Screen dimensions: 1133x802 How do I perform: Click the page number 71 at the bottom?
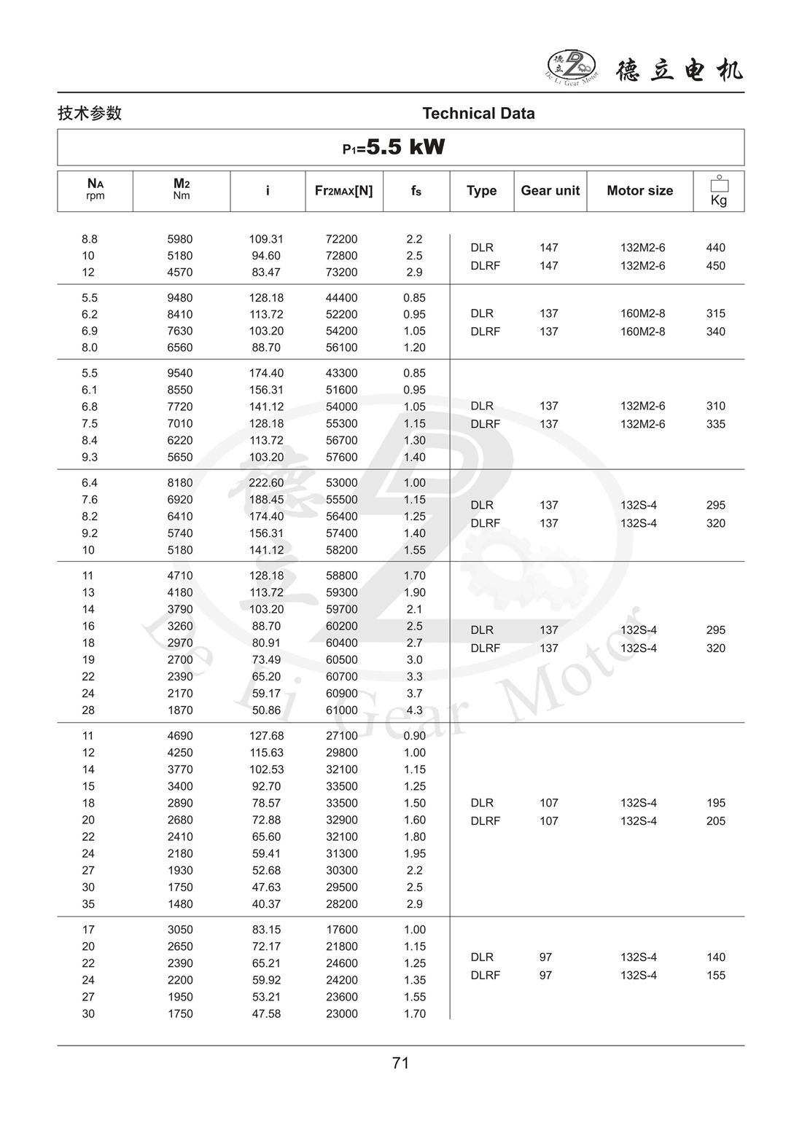coord(400,1063)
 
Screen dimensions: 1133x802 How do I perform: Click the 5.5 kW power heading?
coord(394,148)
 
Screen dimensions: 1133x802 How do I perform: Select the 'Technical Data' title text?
coord(478,114)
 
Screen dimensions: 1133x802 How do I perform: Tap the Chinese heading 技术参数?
coord(90,114)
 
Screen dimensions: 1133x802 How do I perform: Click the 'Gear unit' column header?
coord(550,191)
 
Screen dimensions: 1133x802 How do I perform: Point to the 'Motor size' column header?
coord(639,191)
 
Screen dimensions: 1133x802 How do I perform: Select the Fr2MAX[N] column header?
coord(343,191)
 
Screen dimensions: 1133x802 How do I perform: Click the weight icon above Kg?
coord(719,184)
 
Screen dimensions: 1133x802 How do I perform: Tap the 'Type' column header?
coord(481,191)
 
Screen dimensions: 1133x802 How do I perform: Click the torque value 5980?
coord(180,239)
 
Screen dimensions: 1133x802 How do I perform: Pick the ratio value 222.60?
coord(266,483)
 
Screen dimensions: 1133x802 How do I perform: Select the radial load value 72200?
coord(341,239)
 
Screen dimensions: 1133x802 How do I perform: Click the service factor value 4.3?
coord(414,710)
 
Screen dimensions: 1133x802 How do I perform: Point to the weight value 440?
coord(715,248)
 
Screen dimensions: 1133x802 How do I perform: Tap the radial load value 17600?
coord(341,930)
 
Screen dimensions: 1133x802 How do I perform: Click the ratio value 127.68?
coord(266,736)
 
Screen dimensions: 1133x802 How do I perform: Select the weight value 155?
coord(715,976)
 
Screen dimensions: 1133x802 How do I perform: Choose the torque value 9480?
coord(180,298)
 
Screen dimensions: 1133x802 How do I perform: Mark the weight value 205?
coord(715,821)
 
